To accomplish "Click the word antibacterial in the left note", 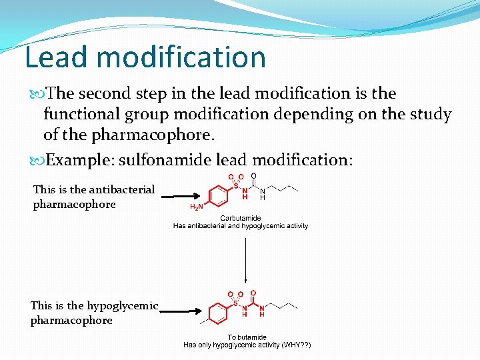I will tap(122, 189).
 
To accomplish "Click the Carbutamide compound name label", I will tap(240, 218).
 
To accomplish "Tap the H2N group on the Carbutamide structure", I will tap(197, 206).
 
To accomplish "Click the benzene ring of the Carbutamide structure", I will tap(218, 194).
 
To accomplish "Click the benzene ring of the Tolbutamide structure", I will tap(218, 311).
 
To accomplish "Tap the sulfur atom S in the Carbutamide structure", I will tap(236, 186).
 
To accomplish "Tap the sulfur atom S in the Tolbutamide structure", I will tap(236, 303).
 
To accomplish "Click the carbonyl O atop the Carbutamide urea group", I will tap(253, 176).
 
